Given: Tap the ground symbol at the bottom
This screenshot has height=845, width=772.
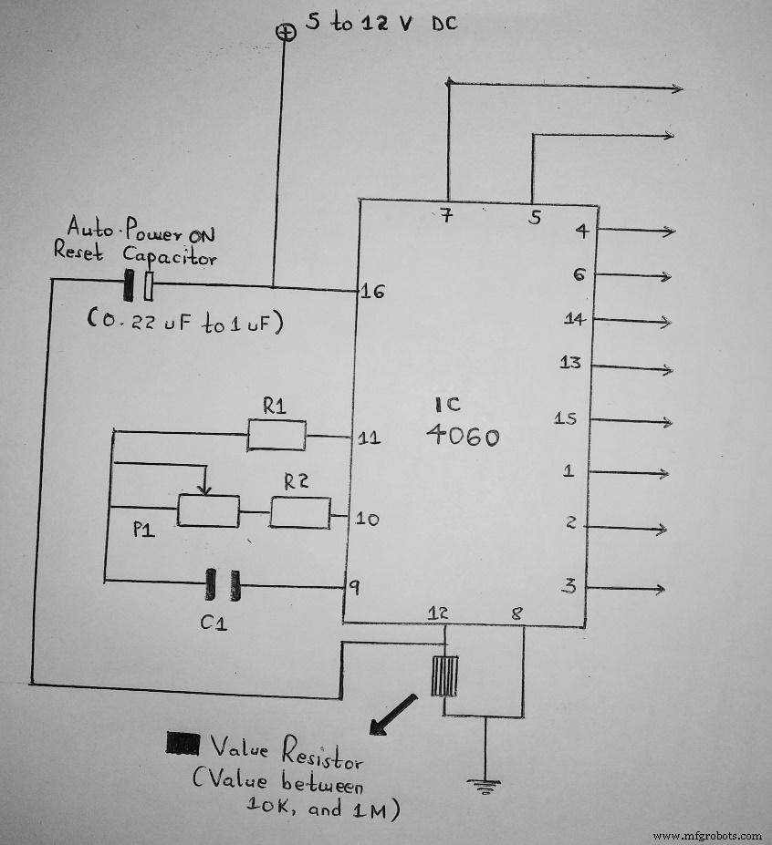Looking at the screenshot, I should tap(485, 782).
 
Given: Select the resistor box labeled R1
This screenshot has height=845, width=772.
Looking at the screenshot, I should tap(276, 435).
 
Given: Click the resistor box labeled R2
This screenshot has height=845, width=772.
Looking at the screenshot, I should tap(299, 513).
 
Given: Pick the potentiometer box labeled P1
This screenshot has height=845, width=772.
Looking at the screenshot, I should tap(208, 510).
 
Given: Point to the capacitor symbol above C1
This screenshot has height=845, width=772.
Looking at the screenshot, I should tap(222, 584).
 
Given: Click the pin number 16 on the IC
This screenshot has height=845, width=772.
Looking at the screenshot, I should tap(372, 292).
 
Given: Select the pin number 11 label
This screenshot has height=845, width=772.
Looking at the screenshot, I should tap(370, 438).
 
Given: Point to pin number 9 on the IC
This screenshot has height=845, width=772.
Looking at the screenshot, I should tap(354, 588).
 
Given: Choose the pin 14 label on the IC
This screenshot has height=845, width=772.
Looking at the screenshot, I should tap(574, 320).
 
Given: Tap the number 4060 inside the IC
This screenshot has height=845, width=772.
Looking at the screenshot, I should tap(463, 437).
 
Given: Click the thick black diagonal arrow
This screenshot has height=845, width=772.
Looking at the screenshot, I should tap(391, 714).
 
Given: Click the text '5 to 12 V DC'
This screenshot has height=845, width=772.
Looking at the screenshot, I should tap(381, 23).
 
